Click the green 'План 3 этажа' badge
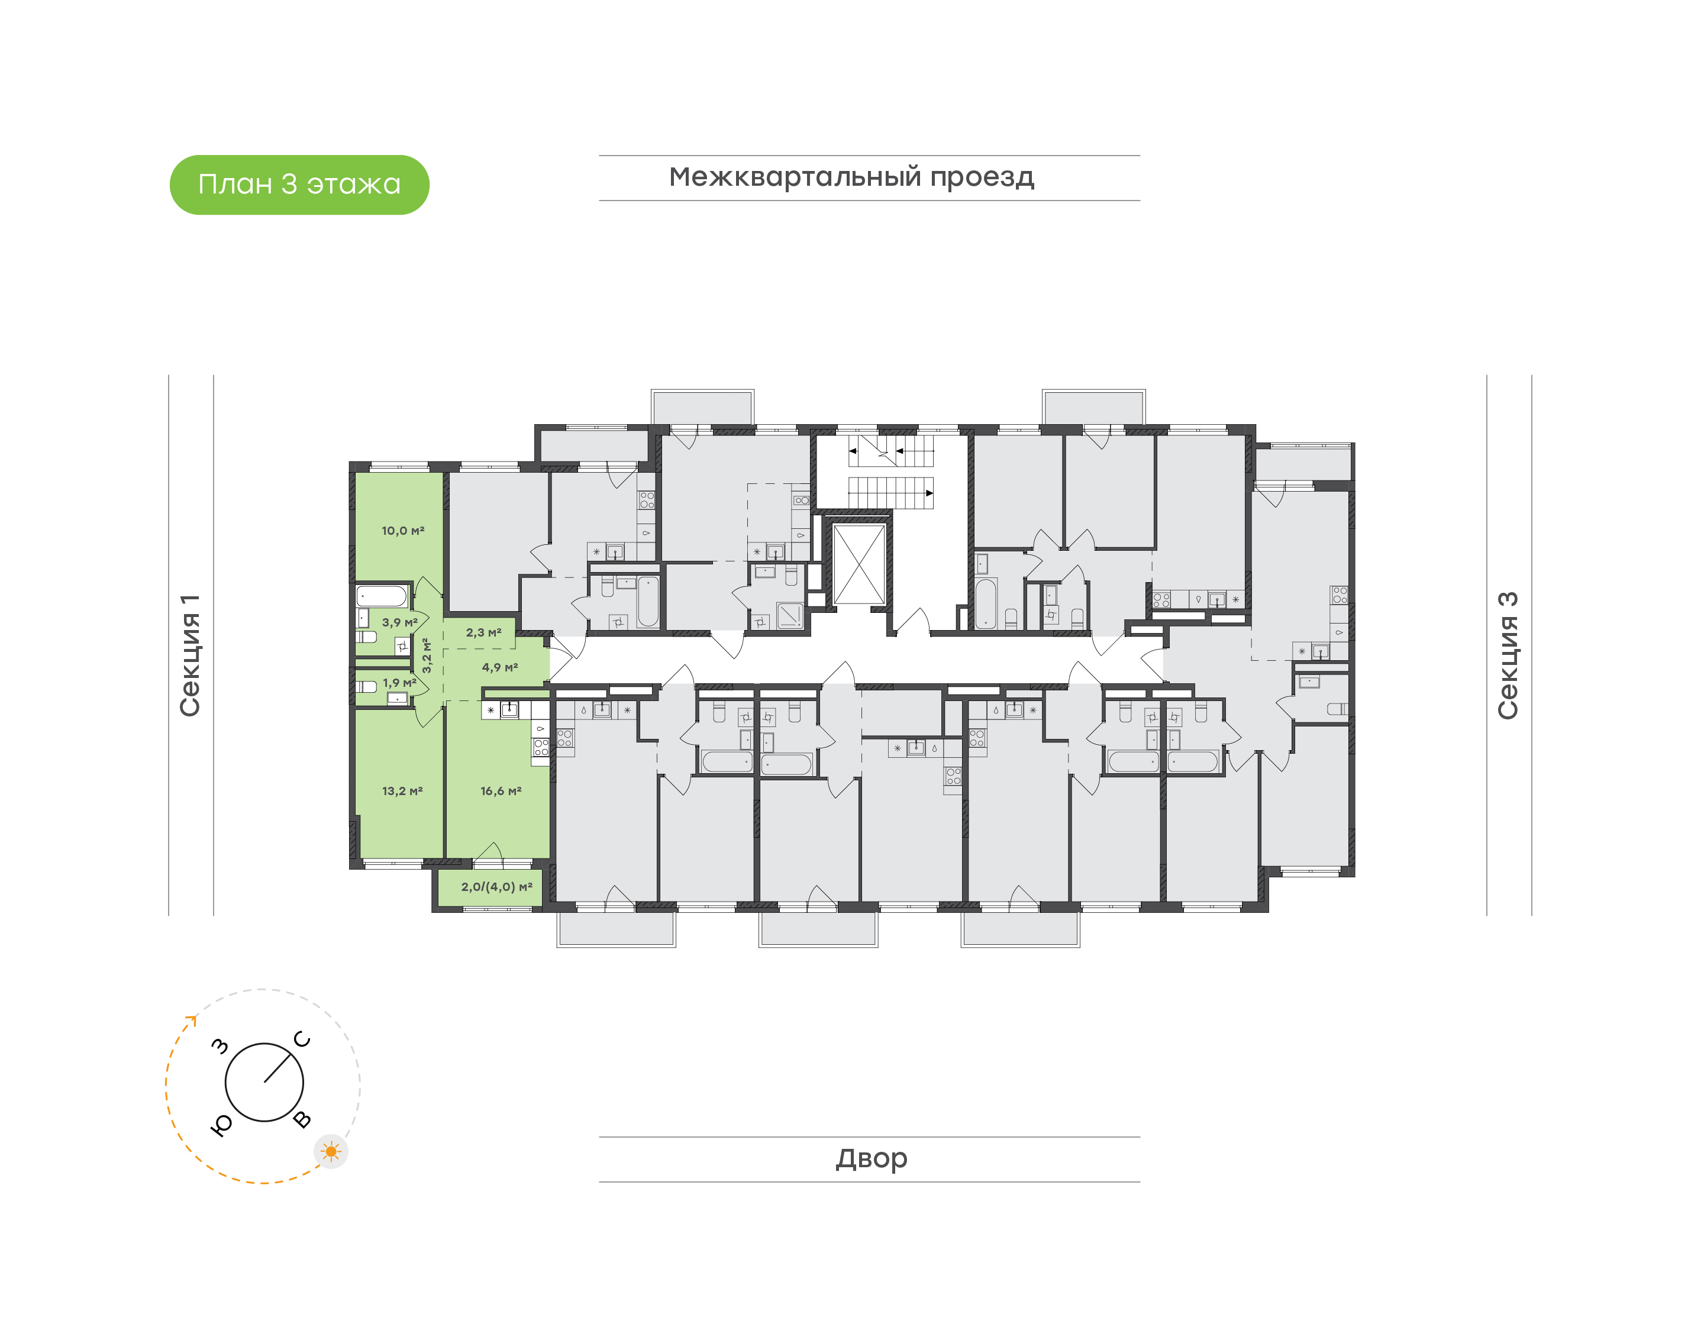pos(299,185)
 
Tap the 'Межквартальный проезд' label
pos(851,177)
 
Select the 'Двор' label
pos(871,1158)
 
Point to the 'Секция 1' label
pos(190,655)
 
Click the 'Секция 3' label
pos(1508,655)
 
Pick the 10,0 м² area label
pos(403,531)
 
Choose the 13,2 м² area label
pos(402,792)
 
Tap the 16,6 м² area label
pos(501,792)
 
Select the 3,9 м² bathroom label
pos(400,622)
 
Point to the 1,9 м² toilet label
pos(399,683)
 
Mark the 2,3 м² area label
pos(484,632)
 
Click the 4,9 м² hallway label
pos(500,668)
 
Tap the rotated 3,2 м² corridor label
pos(427,655)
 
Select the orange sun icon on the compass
pos(331,1151)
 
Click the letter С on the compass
pos(302,1039)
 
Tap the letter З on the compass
pos(221,1046)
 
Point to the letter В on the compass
pos(302,1119)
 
